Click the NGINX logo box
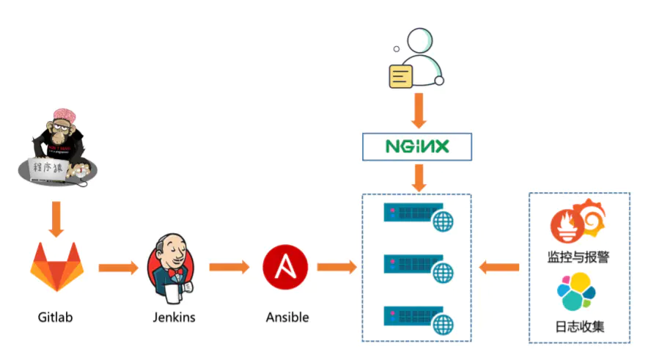click(x=417, y=147)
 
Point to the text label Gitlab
click(x=56, y=317)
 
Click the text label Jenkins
click(x=174, y=317)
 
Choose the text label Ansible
click(x=287, y=317)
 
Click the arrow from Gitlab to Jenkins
click(x=117, y=268)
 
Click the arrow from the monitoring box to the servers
click(x=499, y=268)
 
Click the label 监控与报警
click(x=578, y=257)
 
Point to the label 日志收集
click(x=579, y=326)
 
